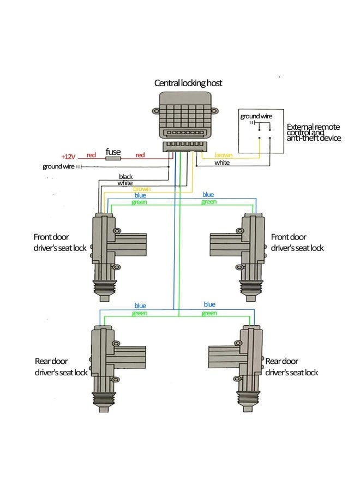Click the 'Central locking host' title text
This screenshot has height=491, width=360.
188,83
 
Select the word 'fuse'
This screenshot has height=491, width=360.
113,152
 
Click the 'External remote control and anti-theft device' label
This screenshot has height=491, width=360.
314,133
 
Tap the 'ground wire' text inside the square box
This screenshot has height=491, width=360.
254,116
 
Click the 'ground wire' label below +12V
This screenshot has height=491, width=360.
58,166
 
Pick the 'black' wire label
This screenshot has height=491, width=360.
126,177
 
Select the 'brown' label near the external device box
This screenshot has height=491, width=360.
224,155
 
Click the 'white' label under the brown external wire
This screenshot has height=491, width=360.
222,163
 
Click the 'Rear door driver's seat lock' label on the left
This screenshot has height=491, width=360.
61,367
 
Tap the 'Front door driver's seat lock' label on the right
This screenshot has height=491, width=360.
297,242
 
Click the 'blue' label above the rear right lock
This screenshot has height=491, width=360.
209,304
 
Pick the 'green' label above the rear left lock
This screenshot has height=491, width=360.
140,313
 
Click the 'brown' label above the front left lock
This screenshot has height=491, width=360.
141,189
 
